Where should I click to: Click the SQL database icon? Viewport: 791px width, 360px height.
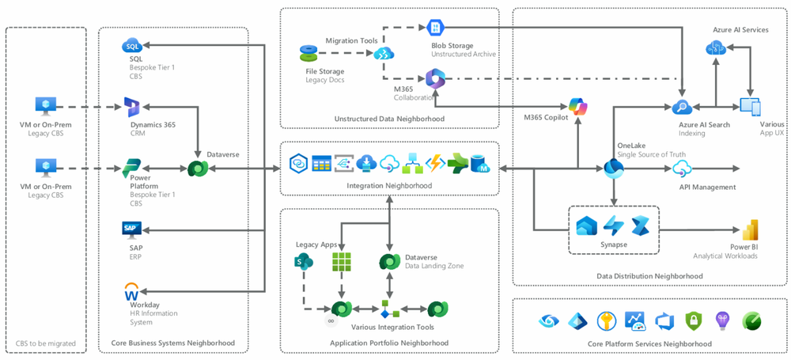[x=131, y=46]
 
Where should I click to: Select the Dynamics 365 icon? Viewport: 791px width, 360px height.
[x=131, y=107]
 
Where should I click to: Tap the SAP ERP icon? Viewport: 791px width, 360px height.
[x=131, y=229]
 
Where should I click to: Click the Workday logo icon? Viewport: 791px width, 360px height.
[x=131, y=291]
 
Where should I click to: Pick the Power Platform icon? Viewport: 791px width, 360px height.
[x=131, y=169]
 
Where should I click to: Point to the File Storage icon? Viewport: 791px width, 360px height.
[x=308, y=54]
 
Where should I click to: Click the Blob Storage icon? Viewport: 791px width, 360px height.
[x=436, y=28]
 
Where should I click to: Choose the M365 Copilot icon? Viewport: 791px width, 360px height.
[x=579, y=106]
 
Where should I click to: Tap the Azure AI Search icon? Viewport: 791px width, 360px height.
[x=682, y=107]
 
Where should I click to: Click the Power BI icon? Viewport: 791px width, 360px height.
[x=749, y=230]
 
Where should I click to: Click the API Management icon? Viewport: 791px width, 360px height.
[x=682, y=169]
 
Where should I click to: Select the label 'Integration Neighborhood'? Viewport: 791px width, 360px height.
[x=390, y=186]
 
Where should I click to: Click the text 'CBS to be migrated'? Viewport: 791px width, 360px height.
[x=46, y=343]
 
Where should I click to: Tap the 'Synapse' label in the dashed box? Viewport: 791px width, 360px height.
[x=614, y=244]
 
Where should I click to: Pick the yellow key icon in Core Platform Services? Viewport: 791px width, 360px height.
[x=607, y=320]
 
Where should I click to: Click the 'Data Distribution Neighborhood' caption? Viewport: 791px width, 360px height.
[x=649, y=275]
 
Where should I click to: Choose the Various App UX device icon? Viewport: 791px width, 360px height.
[x=750, y=107]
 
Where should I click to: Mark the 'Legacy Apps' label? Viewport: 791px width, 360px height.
[x=316, y=244]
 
